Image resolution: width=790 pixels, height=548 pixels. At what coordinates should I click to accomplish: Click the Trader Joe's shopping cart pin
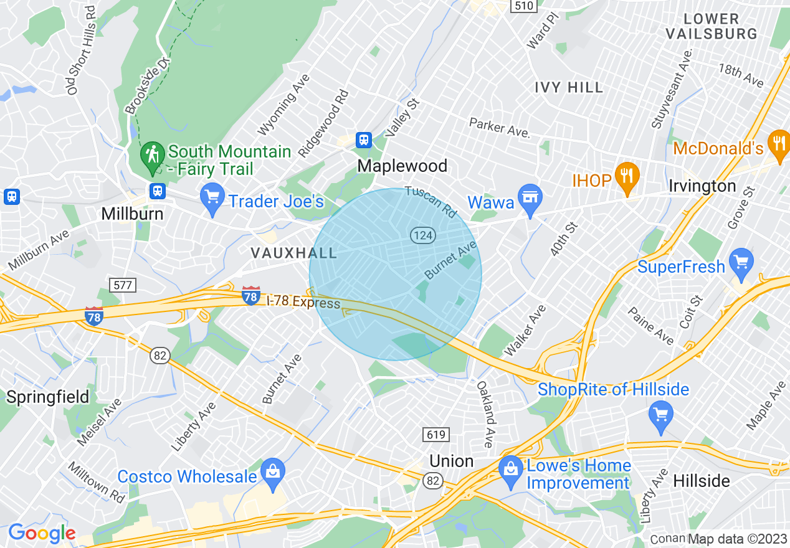pos(212,196)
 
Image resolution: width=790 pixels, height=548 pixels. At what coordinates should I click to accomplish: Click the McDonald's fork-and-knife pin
pos(778,143)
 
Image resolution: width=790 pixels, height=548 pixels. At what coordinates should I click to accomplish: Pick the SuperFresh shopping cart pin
pos(741,261)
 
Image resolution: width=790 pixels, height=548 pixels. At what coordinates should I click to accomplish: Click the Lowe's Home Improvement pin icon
pos(511,468)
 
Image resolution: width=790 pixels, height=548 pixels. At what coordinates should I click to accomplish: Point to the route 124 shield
pos(422,235)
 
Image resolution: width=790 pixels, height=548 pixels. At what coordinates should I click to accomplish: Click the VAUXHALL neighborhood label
pos(293,253)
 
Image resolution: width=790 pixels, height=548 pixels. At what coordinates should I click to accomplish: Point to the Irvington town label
pos(702,186)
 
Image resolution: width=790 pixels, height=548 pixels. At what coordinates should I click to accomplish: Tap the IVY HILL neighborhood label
pos(569,88)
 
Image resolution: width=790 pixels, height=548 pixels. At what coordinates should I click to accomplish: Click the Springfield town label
pos(48,397)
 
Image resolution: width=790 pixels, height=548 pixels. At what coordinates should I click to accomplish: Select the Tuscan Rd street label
pos(431,201)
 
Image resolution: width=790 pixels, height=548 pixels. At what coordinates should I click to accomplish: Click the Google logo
pos(42,534)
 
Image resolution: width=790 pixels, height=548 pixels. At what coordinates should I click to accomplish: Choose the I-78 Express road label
pos(303,302)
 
